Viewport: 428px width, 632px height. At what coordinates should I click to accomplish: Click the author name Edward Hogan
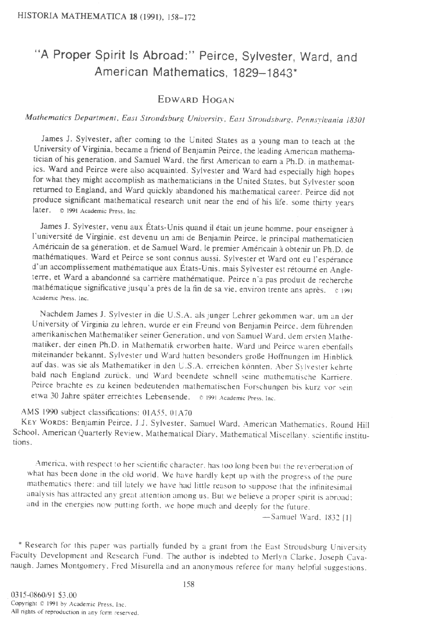coord(196,99)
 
